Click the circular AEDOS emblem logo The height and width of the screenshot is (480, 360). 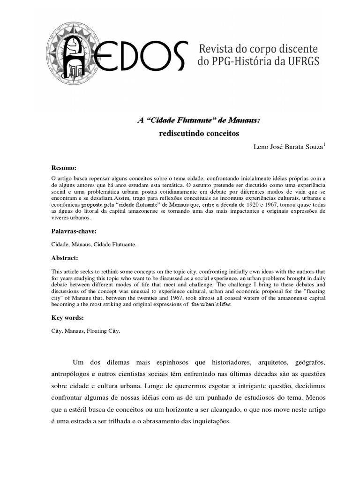(x=75, y=52)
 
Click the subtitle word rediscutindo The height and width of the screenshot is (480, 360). (x=180, y=134)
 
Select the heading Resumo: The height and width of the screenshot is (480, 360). (x=63, y=168)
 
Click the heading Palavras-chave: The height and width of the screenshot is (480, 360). (x=74, y=231)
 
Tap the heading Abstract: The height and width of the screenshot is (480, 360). (x=65, y=258)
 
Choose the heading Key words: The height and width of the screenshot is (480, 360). (x=67, y=317)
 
